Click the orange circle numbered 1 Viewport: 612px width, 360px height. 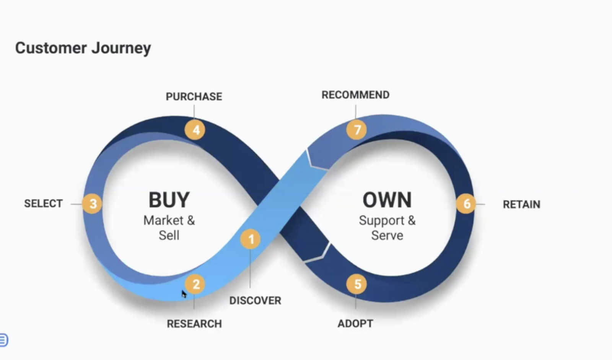[x=251, y=239]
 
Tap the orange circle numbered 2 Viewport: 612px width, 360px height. [x=195, y=284]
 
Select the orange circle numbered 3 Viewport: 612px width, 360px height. [x=93, y=204]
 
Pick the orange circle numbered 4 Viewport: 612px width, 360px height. [x=195, y=130]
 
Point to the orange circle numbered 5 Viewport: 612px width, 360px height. [x=356, y=284]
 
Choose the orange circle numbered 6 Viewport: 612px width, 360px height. [x=466, y=204]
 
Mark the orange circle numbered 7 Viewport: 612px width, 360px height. [x=356, y=130]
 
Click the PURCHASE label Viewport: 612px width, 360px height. [x=194, y=96]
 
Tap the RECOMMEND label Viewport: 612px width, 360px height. [x=355, y=95]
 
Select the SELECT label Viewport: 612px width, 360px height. [x=43, y=204]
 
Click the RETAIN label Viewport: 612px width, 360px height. [x=521, y=204]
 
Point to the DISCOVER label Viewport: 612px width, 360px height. [x=255, y=300]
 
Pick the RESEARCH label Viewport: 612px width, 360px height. [x=194, y=324]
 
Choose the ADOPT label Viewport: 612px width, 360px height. [x=355, y=323]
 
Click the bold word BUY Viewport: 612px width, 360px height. [x=169, y=200]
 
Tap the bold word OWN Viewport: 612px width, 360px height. [x=387, y=200]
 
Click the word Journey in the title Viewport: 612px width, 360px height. [x=121, y=48]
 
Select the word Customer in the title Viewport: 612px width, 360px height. [x=51, y=48]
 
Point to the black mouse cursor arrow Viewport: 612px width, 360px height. [x=184, y=294]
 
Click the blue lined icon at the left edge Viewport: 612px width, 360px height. [x=3, y=340]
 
